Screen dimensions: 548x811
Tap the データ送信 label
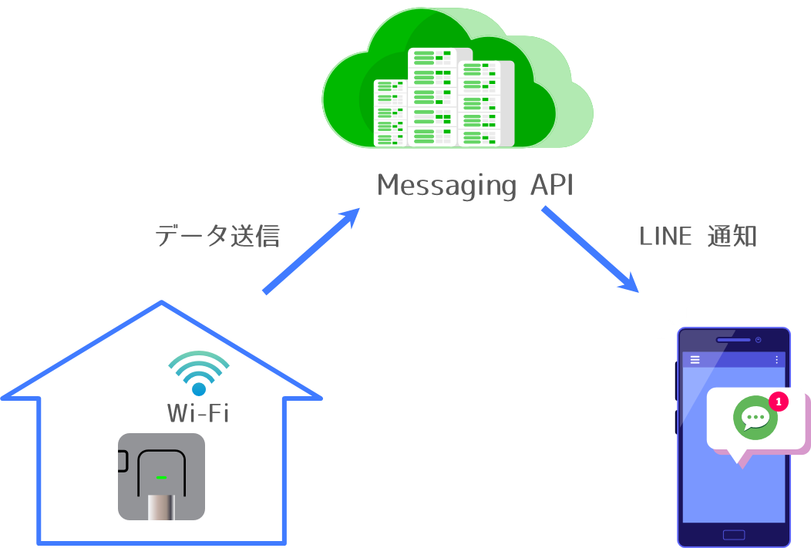217,236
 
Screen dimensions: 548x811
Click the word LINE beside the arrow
665,237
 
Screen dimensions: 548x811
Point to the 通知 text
732,237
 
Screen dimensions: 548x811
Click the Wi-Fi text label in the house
198,414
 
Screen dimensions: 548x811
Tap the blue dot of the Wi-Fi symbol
198,389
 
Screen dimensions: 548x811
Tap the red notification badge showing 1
779,402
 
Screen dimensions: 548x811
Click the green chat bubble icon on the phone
755,418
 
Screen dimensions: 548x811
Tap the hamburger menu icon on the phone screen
695,360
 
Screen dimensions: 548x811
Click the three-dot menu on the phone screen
776,360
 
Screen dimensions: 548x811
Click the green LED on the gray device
161,477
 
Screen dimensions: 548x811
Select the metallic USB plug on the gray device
161,506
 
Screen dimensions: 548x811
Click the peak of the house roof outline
161,302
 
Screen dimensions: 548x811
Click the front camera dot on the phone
759,340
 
